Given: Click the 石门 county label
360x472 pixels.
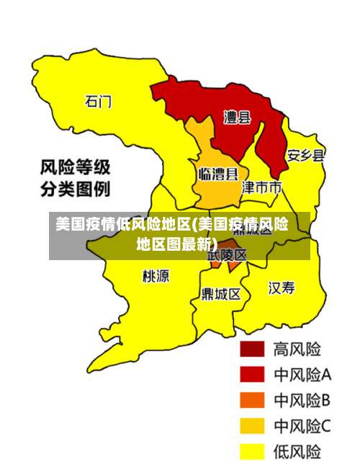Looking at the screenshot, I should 99,102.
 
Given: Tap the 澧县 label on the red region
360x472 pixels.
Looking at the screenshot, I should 237,117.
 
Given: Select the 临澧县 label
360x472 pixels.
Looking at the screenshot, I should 217,174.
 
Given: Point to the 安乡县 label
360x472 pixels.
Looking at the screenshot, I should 305,155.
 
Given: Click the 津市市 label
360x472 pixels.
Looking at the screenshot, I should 261,187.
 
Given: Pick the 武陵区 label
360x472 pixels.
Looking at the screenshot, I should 227,255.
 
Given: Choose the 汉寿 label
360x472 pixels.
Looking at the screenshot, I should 282,288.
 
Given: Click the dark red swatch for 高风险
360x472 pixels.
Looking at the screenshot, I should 252,349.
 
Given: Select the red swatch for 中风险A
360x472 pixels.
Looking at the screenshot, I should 252,375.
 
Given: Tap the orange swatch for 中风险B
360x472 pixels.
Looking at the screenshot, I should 252,400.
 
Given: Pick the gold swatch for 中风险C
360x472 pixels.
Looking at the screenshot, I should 252,426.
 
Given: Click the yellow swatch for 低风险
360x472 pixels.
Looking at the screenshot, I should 252,451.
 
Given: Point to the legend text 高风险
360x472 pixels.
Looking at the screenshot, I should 297,349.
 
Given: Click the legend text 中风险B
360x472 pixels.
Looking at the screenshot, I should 302,400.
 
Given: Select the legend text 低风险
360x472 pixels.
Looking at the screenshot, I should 297,451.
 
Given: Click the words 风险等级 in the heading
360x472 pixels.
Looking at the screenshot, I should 75,168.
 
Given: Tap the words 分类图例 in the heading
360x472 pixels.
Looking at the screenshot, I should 75,190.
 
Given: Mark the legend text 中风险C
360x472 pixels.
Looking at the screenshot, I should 302,426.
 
